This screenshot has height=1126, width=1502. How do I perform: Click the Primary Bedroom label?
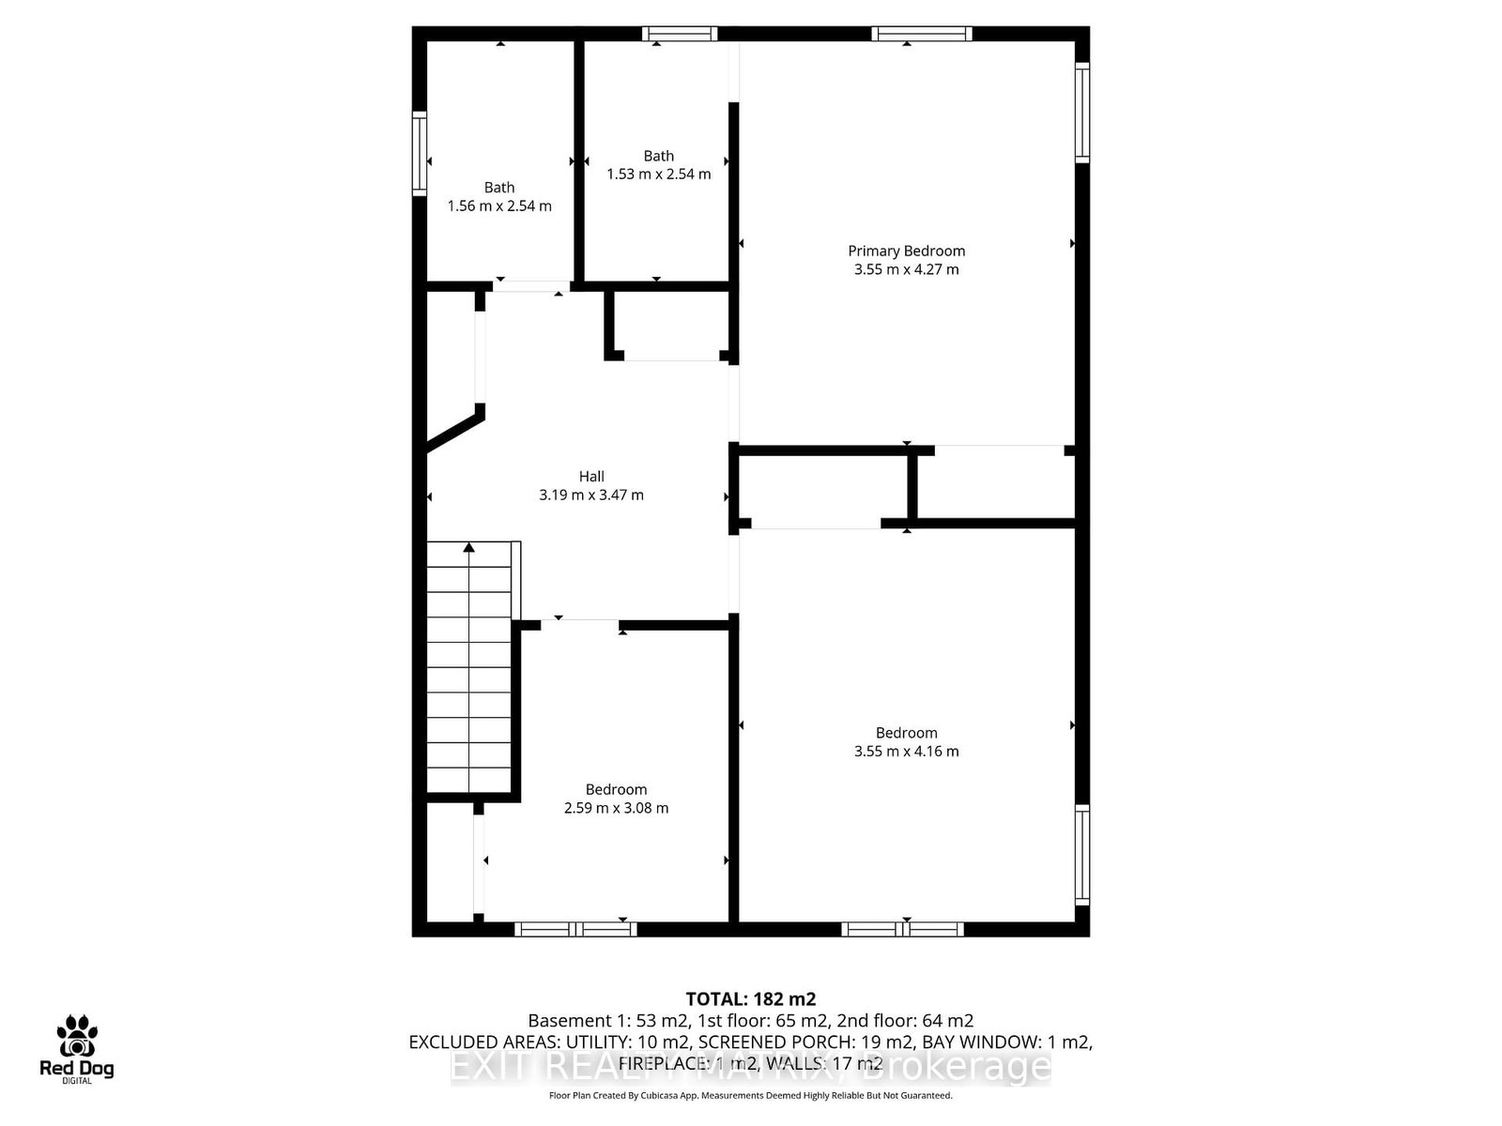pos(906,251)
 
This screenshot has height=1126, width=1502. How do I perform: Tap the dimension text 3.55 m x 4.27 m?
pos(906,269)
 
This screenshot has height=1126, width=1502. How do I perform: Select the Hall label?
pos(591,476)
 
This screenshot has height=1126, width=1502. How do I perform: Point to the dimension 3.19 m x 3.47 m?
pos(591,495)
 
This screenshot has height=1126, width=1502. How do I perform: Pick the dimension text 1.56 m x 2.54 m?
pos(499,205)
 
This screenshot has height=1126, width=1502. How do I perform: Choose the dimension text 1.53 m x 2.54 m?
pos(658,174)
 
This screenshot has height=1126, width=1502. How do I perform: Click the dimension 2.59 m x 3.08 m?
pos(616,808)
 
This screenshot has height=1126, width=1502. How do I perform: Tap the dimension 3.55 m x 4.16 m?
pos(906,751)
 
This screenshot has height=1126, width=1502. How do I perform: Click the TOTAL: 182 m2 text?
pos(750,998)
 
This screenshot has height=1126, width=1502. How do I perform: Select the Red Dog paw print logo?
pos(76,1037)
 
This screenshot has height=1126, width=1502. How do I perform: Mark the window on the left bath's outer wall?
pos(420,153)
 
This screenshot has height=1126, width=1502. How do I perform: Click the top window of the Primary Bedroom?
pos(921,34)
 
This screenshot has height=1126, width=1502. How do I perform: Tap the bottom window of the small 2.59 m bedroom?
pos(575,929)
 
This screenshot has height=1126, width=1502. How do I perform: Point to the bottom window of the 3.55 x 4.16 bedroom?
pos(902,929)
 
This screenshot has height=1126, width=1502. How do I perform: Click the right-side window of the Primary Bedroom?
pos(1082,112)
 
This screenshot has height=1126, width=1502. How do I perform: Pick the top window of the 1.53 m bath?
pos(680,34)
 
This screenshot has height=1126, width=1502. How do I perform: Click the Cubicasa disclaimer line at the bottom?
pos(750,1095)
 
